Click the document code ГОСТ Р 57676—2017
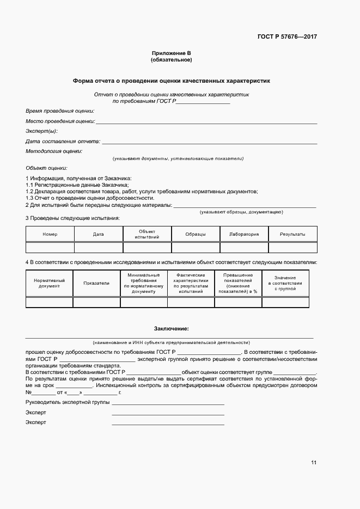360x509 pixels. [x=287, y=37]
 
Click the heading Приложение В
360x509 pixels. [x=172, y=53]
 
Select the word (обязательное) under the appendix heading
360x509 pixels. [x=172, y=59]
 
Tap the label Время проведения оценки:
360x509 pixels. [x=60, y=111]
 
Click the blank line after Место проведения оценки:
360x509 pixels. [x=207, y=123]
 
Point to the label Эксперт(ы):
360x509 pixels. [x=41, y=131]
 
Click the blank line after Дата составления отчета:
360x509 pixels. [x=210, y=143]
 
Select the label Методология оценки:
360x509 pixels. [x=54, y=151]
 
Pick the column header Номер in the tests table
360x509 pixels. [x=50, y=235]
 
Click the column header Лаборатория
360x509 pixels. [x=244, y=235]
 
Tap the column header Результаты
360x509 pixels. [x=292, y=235]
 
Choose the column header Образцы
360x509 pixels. [x=196, y=235]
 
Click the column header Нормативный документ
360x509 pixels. [x=50, y=283]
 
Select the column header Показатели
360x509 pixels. [x=96, y=283]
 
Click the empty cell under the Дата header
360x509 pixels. [x=99, y=248]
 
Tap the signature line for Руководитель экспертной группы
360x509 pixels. [x=168, y=403]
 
